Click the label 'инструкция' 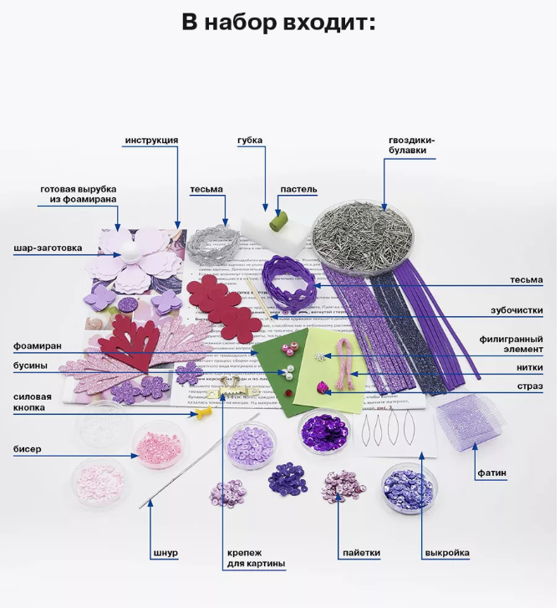tap(151, 140)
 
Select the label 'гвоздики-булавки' tap(412, 146)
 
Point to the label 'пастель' tap(298, 189)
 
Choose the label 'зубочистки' tap(517, 310)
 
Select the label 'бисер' tap(27, 449)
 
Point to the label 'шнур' tap(166, 553)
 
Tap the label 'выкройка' tap(446, 553)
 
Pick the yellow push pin tap(203, 413)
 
